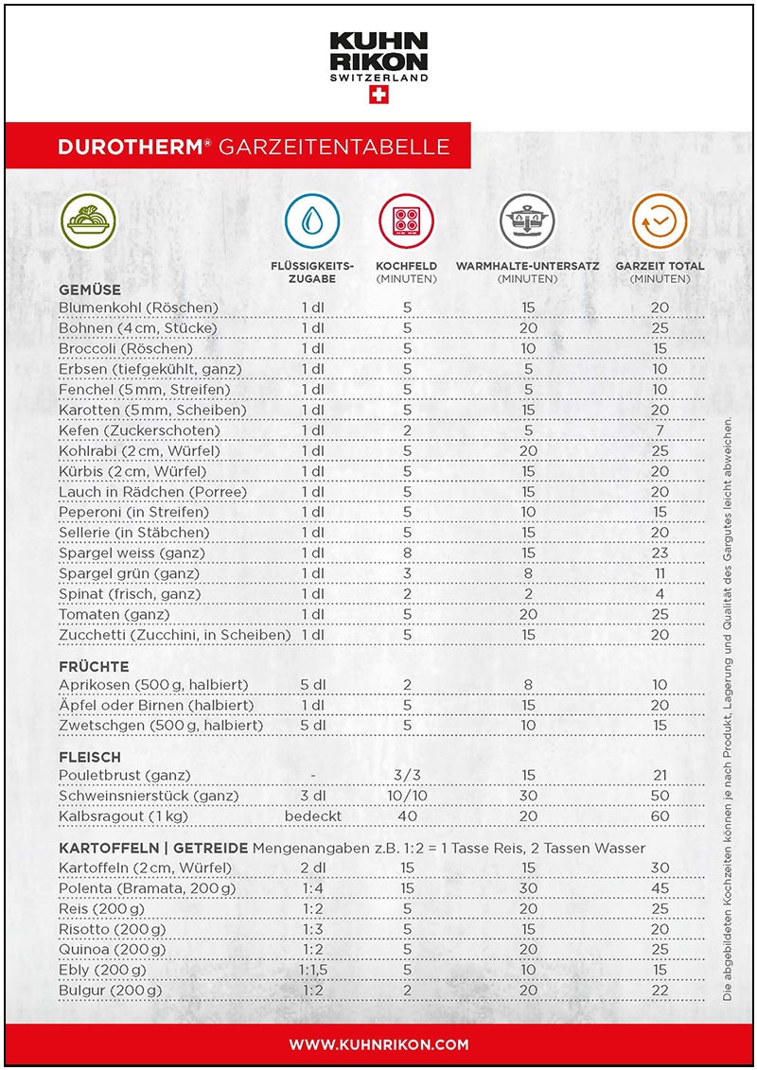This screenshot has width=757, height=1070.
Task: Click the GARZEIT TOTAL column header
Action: (x=660, y=272)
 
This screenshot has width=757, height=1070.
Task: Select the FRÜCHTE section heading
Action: (x=94, y=666)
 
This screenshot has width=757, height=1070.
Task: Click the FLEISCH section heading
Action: (x=90, y=757)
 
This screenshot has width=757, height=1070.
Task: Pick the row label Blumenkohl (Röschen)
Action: (x=138, y=307)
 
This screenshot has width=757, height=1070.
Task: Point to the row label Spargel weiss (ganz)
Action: (x=132, y=553)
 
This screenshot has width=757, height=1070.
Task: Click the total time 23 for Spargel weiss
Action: (x=660, y=553)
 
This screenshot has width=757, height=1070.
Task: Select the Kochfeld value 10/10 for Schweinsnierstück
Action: (x=407, y=796)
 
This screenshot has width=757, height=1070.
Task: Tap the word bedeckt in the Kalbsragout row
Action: (x=313, y=816)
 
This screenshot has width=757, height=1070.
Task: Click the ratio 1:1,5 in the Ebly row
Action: (x=313, y=970)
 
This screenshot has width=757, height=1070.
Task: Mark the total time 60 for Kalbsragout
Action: (x=660, y=816)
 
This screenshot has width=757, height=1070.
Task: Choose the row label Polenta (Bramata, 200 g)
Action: (x=147, y=888)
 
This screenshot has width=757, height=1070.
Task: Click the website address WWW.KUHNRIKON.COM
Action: (x=378, y=1044)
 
